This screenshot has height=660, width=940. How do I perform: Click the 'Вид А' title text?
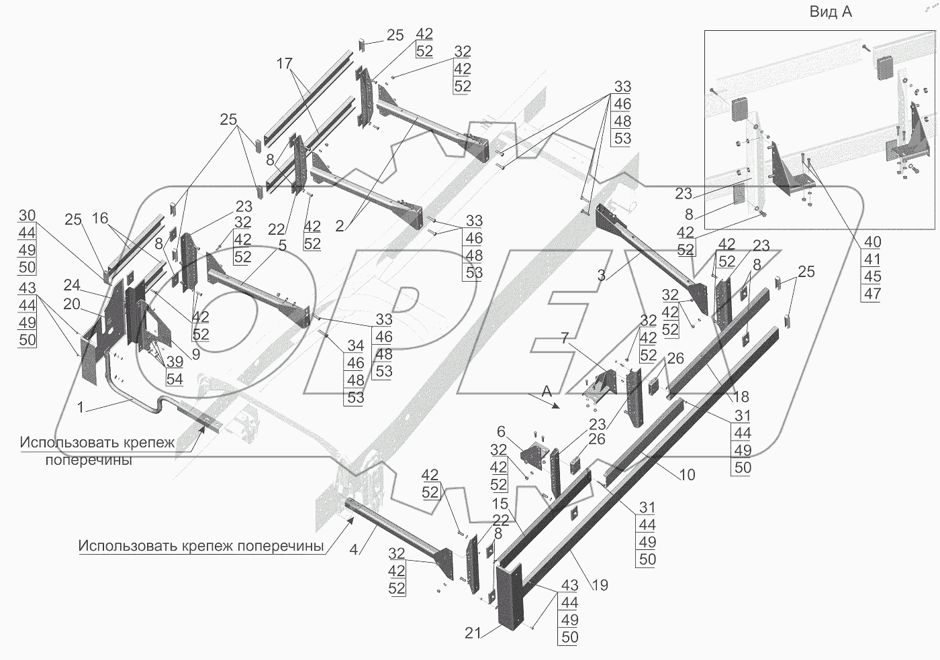831,12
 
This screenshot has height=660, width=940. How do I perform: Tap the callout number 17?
284,64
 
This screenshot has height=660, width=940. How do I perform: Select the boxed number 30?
27,215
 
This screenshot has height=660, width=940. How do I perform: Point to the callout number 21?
473,632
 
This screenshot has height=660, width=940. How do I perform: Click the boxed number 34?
355,346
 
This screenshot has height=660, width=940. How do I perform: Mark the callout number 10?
687,475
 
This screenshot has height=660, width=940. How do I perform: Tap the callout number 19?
600,585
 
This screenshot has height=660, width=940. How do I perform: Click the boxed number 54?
175,380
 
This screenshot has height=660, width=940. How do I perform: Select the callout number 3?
600,275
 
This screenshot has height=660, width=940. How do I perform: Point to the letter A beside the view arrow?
547,389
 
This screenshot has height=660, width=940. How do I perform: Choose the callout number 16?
99,219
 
